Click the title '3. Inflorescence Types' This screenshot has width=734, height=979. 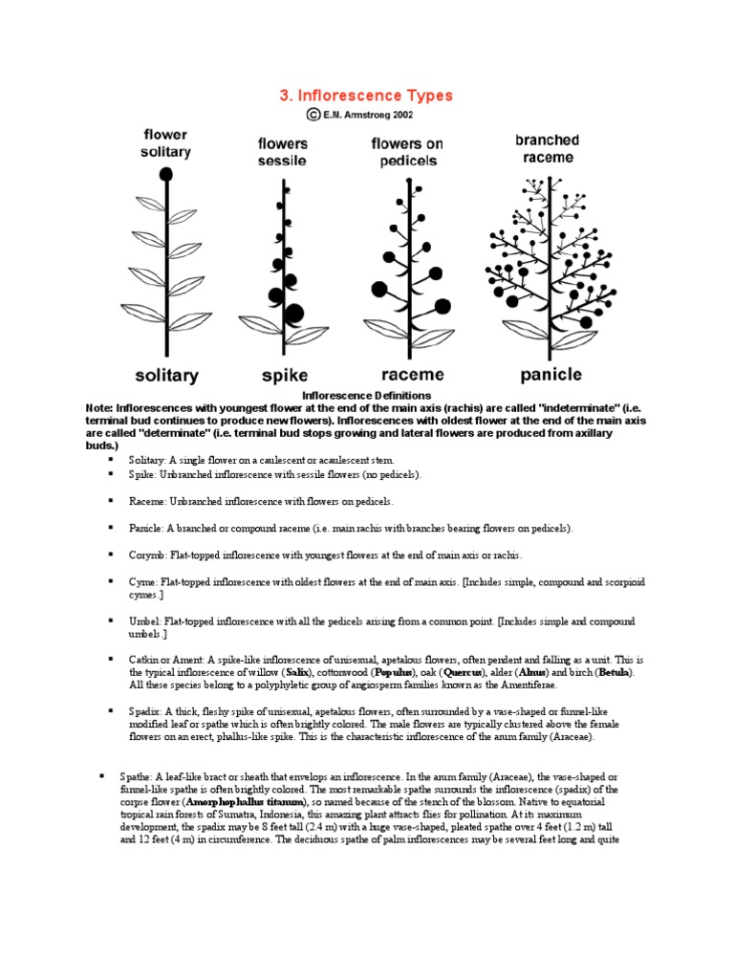366,96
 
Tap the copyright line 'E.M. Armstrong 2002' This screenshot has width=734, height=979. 373,114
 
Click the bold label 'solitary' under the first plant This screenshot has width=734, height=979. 166,375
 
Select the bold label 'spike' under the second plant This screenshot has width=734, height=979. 284,375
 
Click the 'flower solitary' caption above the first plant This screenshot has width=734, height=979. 166,143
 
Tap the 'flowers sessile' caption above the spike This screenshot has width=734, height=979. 282,152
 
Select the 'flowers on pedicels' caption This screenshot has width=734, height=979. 407,152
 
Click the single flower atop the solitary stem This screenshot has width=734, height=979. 166,174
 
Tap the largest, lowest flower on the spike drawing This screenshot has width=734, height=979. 293,312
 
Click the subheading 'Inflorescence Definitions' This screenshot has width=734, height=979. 366,395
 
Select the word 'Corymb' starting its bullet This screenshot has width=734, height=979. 146,555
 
